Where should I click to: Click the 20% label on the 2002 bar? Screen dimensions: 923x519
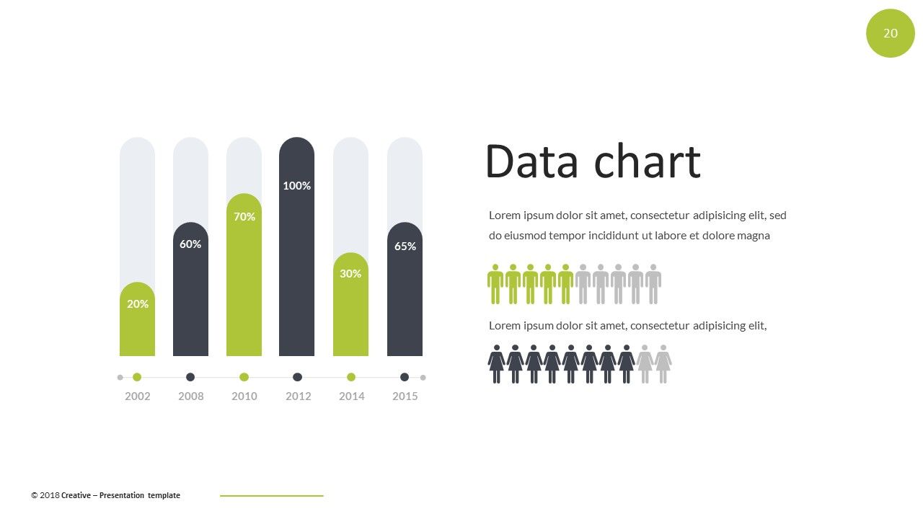click(x=138, y=304)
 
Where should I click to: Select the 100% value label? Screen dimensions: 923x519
click(x=296, y=186)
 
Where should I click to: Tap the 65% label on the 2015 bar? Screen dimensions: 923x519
click(x=405, y=247)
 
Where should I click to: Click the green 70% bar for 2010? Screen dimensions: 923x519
click(x=244, y=275)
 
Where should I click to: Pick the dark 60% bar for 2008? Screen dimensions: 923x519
click(x=190, y=289)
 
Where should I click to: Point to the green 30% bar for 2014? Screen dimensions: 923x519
click(x=350, y=304)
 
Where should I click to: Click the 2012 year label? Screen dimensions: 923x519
click(x=299, y=396)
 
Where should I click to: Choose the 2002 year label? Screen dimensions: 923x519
click(x=138, y=396)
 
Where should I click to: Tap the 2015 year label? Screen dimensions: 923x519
click(x=405, y=396)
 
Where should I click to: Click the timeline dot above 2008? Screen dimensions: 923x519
click(x=190, y=377)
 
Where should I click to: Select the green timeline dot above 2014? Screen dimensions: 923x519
click(x=351, y=377)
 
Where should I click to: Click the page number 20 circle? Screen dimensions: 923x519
click(x=891, y=33)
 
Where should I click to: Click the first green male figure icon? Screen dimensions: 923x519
click(x=495, y=284)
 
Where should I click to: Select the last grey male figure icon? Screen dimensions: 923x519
click(x=653, y=284)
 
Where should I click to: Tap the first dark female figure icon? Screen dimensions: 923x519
click(x=497, y=364)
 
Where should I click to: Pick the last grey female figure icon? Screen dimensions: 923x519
click(x=663, y=364)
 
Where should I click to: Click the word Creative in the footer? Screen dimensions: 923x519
click(x=76, y=495)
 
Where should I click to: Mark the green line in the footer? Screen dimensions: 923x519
click(x=272, y=496)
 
